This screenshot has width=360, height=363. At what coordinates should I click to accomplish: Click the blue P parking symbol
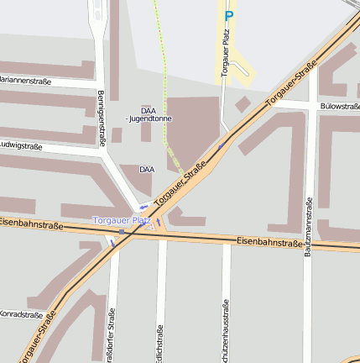click(228, 16)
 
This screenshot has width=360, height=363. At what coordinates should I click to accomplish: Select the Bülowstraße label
click(339, 107)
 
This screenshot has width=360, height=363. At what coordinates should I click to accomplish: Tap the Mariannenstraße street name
click(25, 82)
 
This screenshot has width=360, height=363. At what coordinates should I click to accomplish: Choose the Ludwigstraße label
click(21, 145)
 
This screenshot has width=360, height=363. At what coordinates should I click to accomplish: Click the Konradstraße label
click(21, 315)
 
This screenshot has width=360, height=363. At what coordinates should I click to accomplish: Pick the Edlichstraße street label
click(159, 340)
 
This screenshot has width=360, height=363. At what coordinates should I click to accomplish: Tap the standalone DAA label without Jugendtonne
click(147, 169)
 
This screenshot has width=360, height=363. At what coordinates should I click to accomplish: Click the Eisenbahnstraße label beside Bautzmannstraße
click(269, 242)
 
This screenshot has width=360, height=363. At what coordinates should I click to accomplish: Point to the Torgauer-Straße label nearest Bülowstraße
click(291, 84)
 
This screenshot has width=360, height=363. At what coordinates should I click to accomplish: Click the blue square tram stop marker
click(122, 231)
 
